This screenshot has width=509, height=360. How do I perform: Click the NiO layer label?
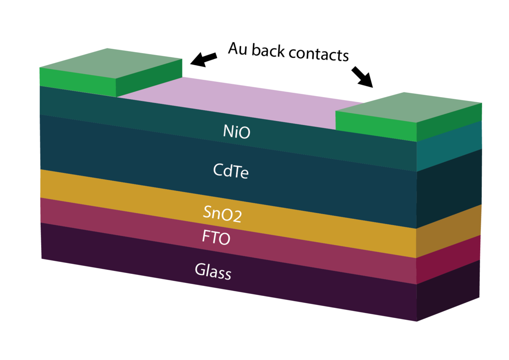coord(237,132)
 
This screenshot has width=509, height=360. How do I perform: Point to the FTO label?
coord(216,237)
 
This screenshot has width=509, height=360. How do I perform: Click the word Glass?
coord(213,271)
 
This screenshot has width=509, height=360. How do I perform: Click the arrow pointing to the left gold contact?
coord(204,59)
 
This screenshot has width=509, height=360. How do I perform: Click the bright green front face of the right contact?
coord(376,126)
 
